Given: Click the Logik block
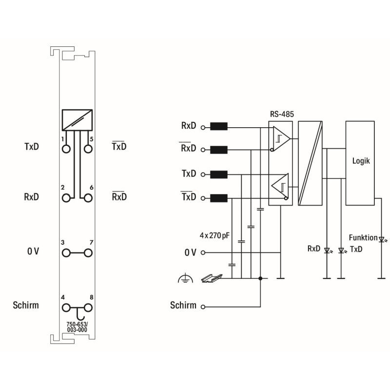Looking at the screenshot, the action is [360, 163].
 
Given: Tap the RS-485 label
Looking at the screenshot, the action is [282, 114].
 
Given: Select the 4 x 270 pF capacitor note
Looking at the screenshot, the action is [214, 235].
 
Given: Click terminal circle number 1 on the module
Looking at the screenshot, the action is [66, 149].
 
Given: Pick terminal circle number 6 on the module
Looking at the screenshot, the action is [88, 198].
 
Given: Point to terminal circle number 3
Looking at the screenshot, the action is [66, 253].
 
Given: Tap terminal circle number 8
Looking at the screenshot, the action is [88, 308].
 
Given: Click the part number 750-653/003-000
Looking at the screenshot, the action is [77, 327].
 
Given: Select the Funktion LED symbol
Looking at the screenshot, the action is [382, 240].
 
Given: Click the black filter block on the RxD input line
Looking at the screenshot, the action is [219, 126].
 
